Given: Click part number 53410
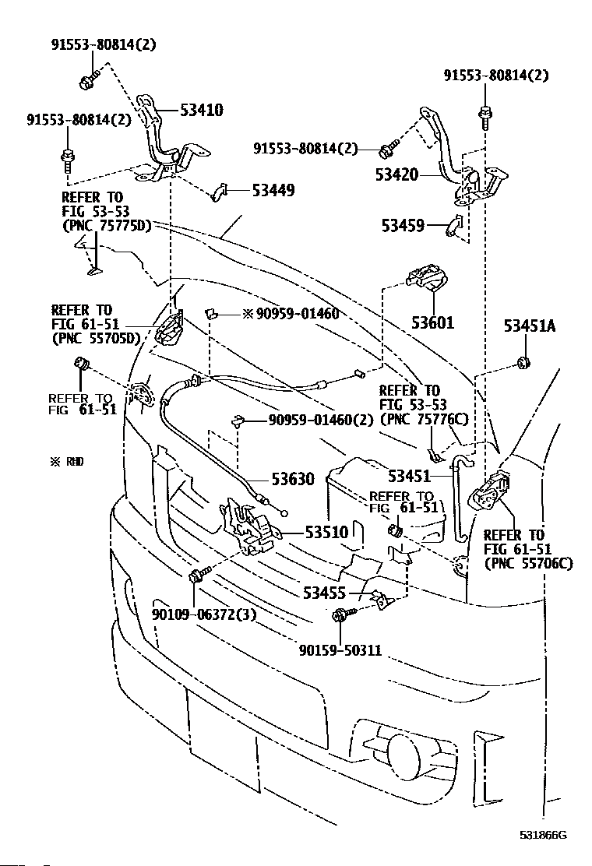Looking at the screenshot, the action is pyautogui.click(x=202, y=110).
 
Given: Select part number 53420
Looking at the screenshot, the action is pyautogui.click(x=396, y=174).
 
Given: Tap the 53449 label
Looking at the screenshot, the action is pyautogui.click(x=273, y=190).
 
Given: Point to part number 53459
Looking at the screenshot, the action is pyautogui.click(x=403, y=225).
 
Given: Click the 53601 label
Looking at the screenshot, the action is pyautogui.click(x=433, y=322).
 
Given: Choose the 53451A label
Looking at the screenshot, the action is pyautogui.click(x=530, y=326).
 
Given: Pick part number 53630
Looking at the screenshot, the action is pyautogui.click(x=293, y=479).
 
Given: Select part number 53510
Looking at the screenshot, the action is pyautogui.click(x=327, y=532).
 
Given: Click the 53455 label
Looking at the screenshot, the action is pyautogui.click(x=325, y=593).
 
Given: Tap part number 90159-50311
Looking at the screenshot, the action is pyautogui.click(x=340, y=650).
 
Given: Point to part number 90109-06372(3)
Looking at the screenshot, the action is pyautogui.click(x=204, y=614).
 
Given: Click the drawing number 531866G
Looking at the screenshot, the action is pyautogui.click(x=544, y=835).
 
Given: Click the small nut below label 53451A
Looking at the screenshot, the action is pyautogui.click(x=523, y=362).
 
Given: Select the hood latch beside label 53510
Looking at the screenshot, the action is pyautogui.click(x=248, y=525).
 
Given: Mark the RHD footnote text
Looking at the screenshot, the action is pyautogui.click(x=67, y=461).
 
